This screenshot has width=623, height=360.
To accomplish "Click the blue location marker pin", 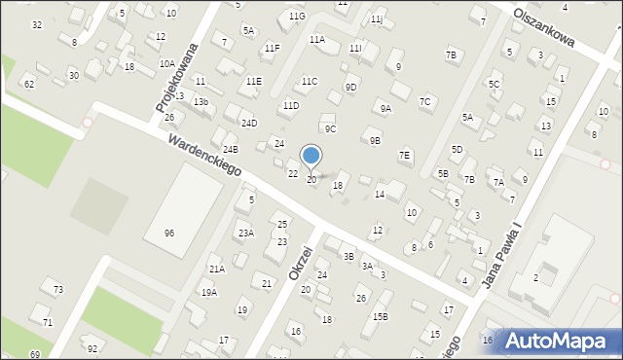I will click(x=311, y=156).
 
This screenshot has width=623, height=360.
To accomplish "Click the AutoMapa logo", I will click(x=559, y=341).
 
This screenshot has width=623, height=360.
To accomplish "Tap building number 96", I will click(x=169, y=234).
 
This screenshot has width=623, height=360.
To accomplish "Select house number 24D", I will click(x=250, y=124).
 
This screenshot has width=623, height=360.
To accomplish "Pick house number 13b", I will click(x=201, y=102).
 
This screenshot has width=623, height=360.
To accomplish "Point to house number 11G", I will click(x=297, y=17).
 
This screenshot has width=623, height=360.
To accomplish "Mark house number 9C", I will click(x=330, y=129).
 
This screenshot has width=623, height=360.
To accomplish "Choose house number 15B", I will click(x=380, y=316).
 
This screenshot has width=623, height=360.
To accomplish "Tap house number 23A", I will click(x=246, y=234).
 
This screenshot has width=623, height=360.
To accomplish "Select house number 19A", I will click(x=209, y=292).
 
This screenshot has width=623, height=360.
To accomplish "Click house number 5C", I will click(x=495, y=85).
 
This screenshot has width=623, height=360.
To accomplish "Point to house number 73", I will click(x=58, y=290).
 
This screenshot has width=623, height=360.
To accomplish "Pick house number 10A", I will click(x=167, y=63).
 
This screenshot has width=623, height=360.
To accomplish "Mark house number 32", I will click(x=37, y=24).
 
